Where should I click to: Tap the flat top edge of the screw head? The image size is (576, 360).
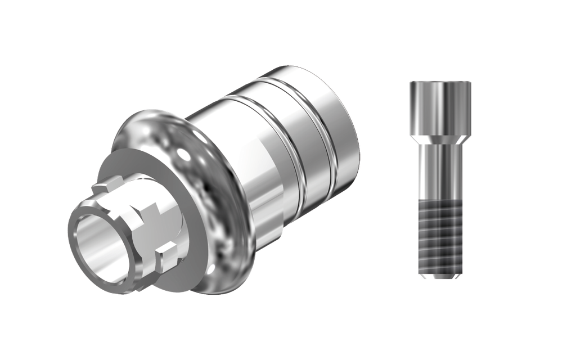440,83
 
